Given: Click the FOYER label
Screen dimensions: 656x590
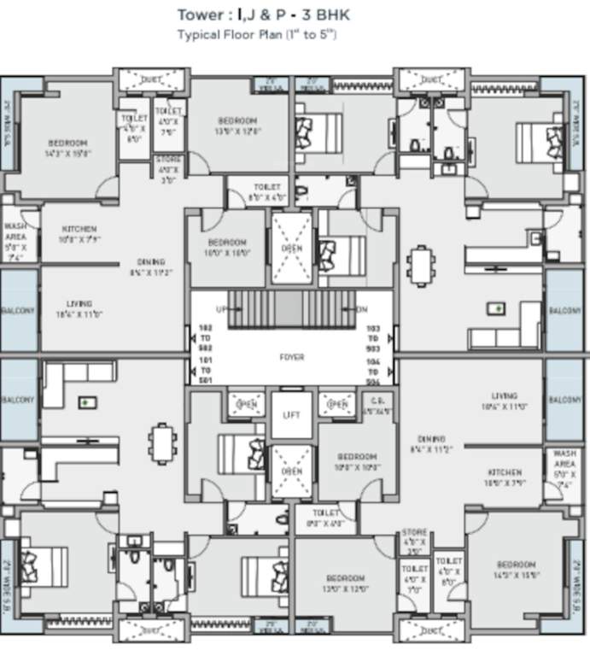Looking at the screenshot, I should click(291, 357).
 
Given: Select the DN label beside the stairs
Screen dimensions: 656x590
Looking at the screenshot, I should click(361, 308).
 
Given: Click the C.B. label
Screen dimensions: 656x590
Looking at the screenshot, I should click(376, 406).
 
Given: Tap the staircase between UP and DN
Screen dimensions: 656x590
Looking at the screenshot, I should click(291, 309).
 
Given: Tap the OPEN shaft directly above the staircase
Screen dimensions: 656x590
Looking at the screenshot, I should click(291, 249).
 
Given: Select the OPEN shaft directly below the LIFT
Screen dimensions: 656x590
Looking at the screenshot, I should click(291, 471).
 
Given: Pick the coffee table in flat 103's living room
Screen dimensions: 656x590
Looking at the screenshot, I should click(495, 307).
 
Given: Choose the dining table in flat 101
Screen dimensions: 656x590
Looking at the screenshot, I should click(161, 443).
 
